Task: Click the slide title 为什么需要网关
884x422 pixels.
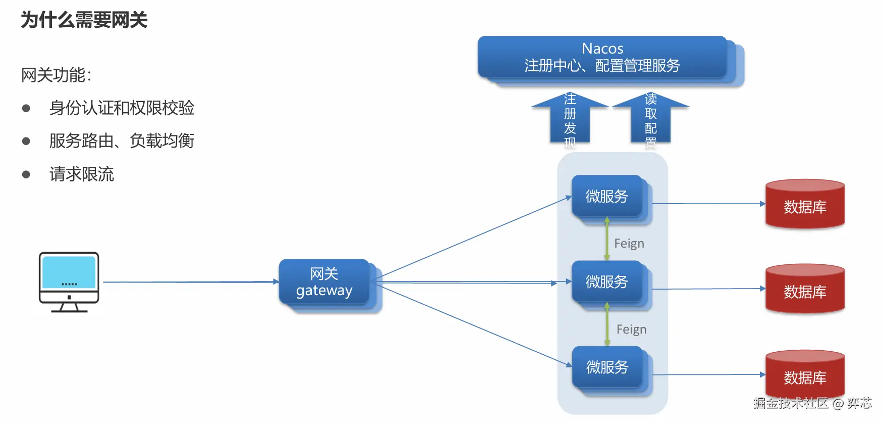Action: (x=84, y=20)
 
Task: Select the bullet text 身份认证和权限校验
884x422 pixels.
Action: (x=122, y=108)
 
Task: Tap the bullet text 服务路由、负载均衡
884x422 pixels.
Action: (x=122, y=140)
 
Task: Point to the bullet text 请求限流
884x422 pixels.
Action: (x=82, y=174)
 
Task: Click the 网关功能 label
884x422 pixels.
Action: (x=56, y=75)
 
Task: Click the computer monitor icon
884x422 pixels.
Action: (x=69, y=282)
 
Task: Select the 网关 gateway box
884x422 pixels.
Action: (x=324, y=282)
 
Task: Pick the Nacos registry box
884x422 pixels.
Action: (x=602, y=57)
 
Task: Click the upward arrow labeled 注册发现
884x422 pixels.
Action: (x=570, y=120)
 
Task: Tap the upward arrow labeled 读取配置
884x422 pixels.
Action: (x=651, y=120)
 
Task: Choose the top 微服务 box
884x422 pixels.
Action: (x=607, y=196)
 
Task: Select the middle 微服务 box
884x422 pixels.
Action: (x=607, y=282)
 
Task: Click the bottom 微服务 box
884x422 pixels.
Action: (x=607, y=367)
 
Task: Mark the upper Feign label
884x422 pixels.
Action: (x=629, y=244)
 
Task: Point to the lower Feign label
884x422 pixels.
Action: (x=631, y=330)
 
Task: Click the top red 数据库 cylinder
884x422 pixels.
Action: (x=805, y=204)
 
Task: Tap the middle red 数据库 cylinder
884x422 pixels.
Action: (x=805, y=289)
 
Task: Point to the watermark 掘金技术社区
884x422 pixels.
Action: (x=791, y=403)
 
